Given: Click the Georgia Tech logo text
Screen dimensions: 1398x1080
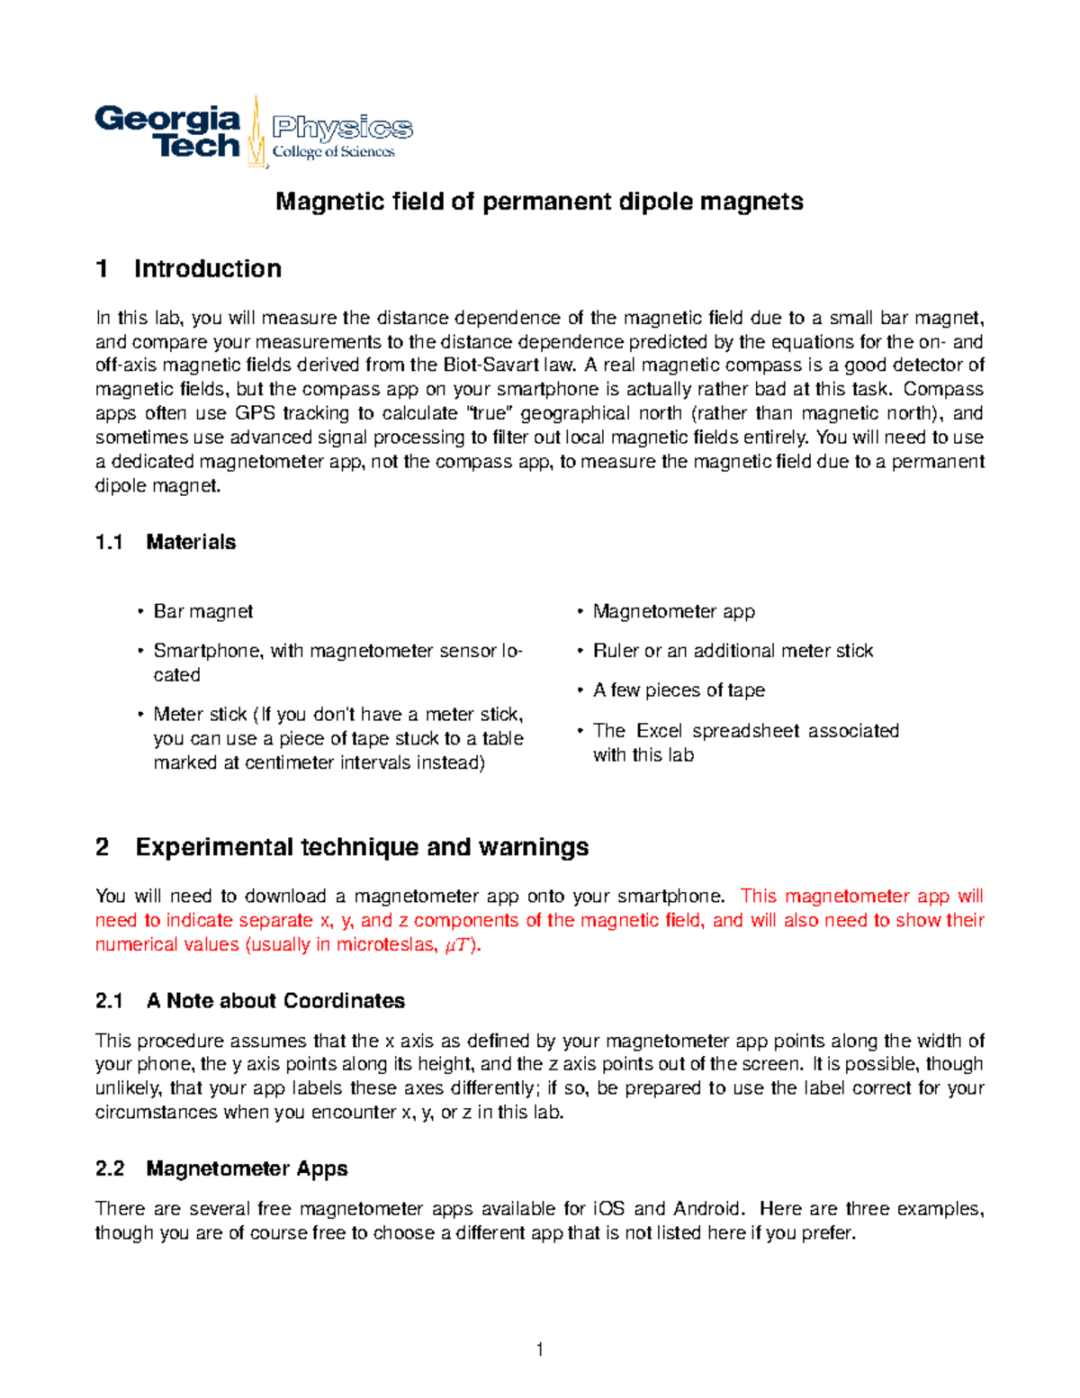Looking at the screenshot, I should click(x=168, y=131).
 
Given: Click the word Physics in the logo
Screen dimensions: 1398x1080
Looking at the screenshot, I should click(x=342, y=128).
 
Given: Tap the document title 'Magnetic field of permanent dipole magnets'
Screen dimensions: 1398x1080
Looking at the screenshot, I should click(x=539, y=201).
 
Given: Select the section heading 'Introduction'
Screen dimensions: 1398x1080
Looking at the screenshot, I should click(x=207, y=268).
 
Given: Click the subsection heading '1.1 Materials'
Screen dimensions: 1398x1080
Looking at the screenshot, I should click(x=166, y=542).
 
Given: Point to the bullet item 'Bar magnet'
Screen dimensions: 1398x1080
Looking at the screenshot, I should click(x=202, y=611).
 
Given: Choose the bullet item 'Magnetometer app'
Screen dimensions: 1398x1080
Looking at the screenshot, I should click(x=673, y=611).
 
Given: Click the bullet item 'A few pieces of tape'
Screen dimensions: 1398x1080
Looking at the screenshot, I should click(x=679, y=690).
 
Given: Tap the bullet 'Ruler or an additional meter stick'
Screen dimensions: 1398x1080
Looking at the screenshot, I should click(x=733, y=651).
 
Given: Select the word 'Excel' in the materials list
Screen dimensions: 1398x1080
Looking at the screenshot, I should click(x=660, y=730).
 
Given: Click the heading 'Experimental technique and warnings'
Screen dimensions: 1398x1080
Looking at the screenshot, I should click(x=362, y=847).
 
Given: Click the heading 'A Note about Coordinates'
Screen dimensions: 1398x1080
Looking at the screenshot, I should click(x=275, y=1001).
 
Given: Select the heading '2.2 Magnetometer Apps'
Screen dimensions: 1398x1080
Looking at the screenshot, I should click(x=221, y=1168).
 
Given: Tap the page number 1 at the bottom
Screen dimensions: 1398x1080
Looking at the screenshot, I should click(x=539, y=1348).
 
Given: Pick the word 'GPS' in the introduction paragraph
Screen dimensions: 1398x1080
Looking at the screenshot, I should click(x=255, y=413).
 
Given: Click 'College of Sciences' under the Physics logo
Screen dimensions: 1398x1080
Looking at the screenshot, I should click(x=333, y=152).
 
